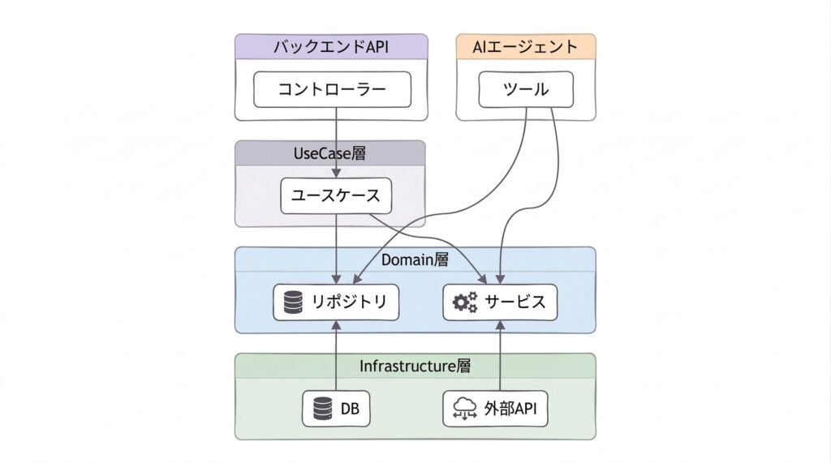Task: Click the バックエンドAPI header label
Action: click(x=331, y=47)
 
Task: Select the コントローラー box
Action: click(x=331, y=89)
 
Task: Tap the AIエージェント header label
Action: click(x=525, y=47)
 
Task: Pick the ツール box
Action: click(x=525, y=89)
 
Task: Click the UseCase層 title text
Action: click(x=329, y=154)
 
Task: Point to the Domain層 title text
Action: click(x=415, y=260)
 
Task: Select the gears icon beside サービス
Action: click(x=465, y=302)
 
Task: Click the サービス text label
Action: click(x=515, y=302)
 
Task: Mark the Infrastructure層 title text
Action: click(x=415, y=366)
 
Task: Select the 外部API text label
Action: click(x=510, y=409)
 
